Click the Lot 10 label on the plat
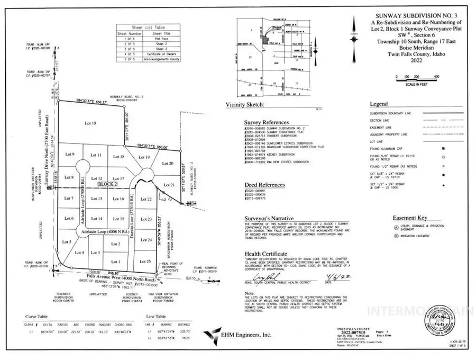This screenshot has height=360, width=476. point(90,123)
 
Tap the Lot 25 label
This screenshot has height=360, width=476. point(145,261)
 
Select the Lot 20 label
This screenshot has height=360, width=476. point(167,164)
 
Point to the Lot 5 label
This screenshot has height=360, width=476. point(67,241)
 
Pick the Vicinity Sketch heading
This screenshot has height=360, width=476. point(245,105)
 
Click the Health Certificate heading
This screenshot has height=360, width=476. point(266,254)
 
